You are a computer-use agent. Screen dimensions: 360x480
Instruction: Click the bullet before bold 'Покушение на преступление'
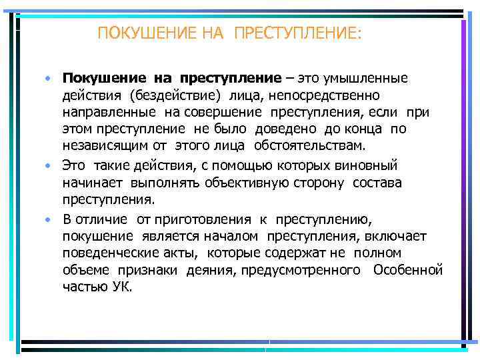click(49, 80)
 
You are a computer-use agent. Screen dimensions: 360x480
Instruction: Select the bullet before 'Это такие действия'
click(49, 165)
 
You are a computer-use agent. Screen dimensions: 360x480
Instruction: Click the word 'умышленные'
click(367, 79)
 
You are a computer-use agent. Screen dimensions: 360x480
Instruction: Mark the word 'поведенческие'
click(107, 253)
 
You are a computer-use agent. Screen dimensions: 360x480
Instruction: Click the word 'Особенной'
click(408, 270)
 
